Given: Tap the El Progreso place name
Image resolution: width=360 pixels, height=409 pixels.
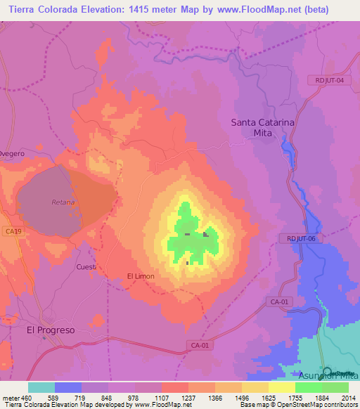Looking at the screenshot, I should tap(50, 330).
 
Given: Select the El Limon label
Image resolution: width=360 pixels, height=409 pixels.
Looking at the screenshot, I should tap(140, 276).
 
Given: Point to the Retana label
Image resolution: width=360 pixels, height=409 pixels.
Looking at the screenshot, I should tap(63, 202).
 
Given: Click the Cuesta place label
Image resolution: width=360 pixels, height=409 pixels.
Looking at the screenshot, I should tap(86, 267).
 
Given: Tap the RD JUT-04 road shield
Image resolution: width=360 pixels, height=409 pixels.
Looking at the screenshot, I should tap(330, 80).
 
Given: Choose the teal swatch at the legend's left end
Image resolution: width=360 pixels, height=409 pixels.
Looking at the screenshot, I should tap(41, 387).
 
